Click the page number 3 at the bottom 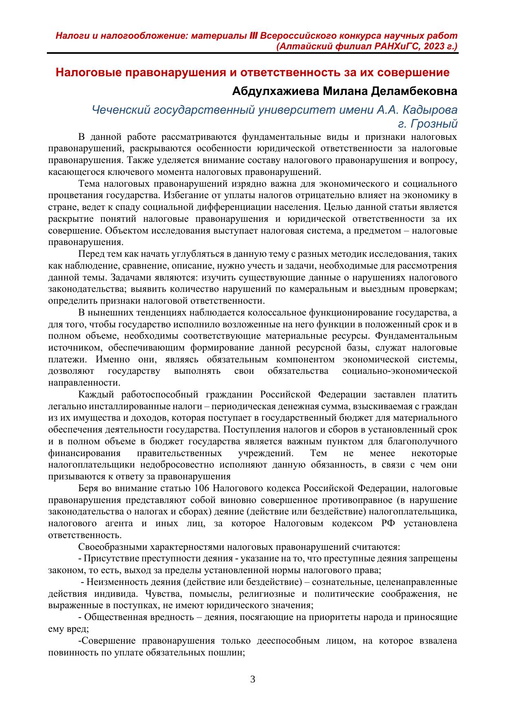[252, 679]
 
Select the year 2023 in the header [433, 46]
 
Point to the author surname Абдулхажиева [276, 91]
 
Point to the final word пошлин [229, 652]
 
